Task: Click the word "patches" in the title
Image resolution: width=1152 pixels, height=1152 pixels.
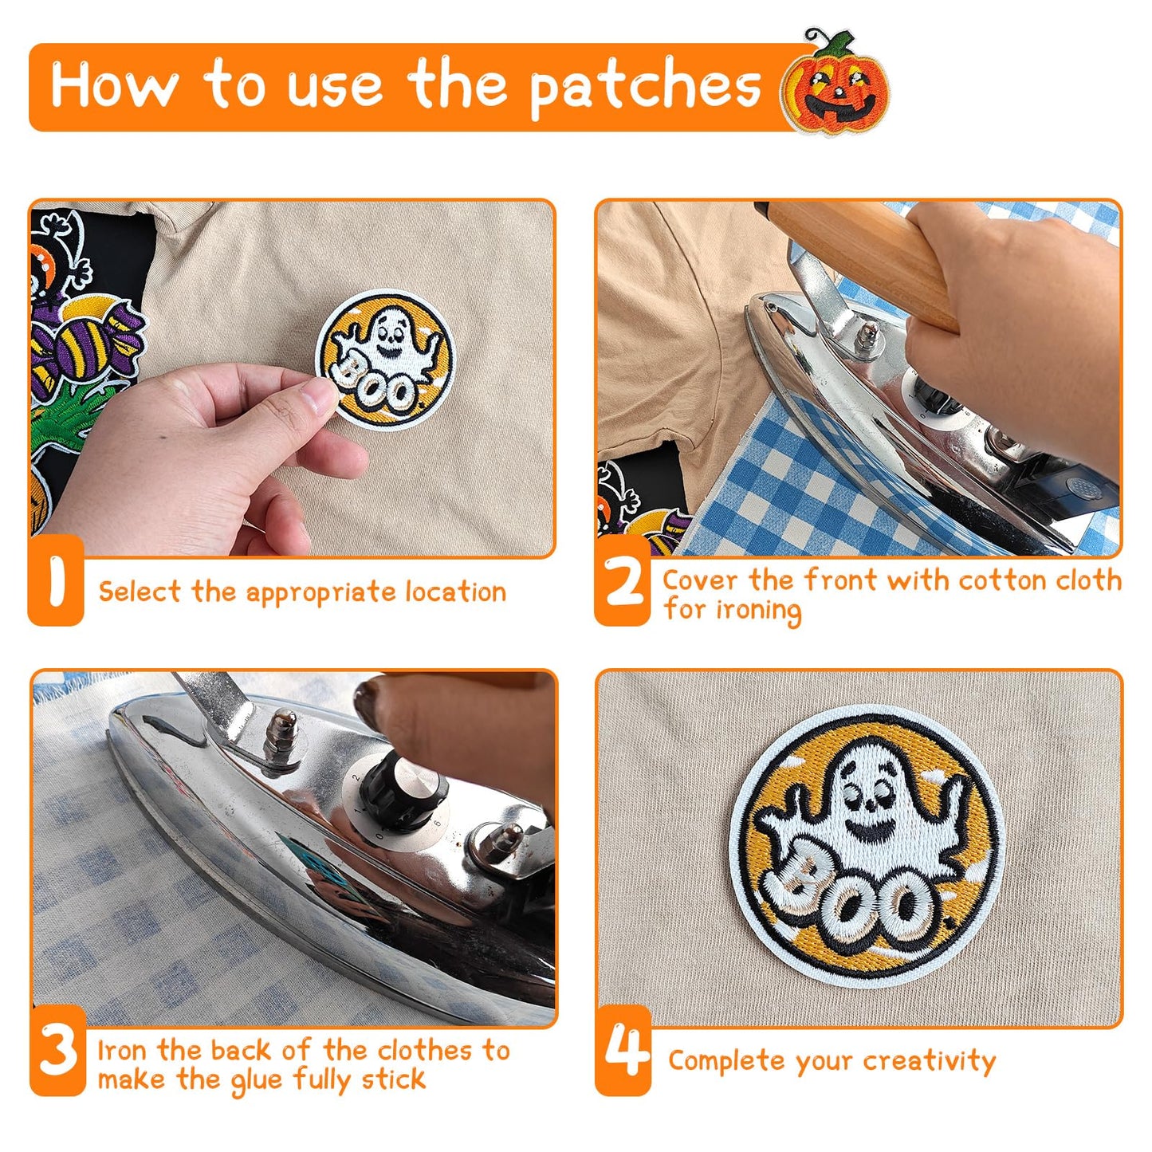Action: click(645, 87)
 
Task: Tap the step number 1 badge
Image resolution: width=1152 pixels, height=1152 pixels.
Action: click(56, 581)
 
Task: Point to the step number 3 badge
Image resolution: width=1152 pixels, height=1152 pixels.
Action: click(57, 1051)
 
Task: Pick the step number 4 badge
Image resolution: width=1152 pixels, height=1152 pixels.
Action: click(623, 1051)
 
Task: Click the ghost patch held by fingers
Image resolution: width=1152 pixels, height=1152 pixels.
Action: click(383, 359)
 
